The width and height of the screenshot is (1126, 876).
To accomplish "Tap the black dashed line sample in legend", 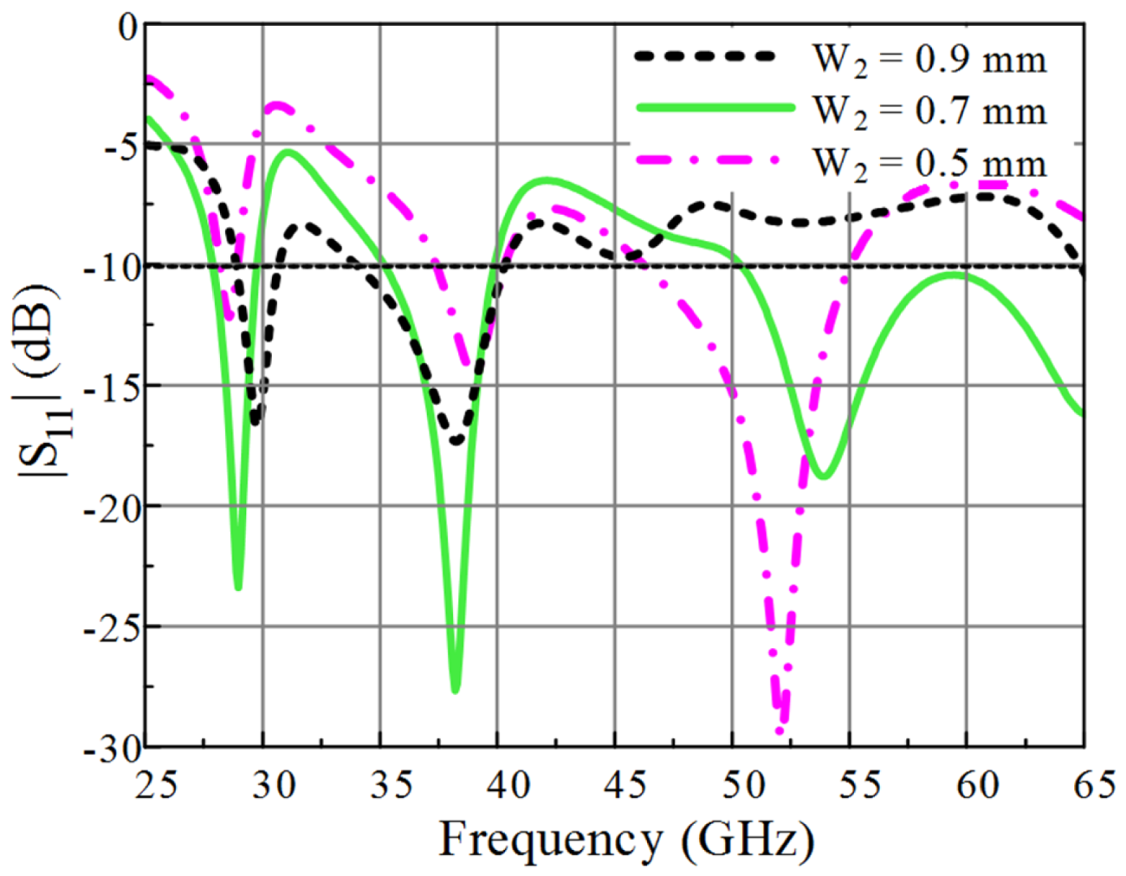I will tap(704, 56).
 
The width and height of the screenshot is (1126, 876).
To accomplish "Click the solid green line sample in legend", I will tap(715, 108).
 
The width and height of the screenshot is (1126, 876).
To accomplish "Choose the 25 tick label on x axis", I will tap(157, 785).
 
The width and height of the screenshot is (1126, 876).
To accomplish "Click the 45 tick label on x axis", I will tap(624, 785).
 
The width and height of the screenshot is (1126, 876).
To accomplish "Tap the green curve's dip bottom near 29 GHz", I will tap(238, 588).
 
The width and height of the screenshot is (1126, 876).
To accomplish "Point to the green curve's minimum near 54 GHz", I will tap(824, 476).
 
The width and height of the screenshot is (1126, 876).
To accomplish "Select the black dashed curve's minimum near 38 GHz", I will tap(456, 441).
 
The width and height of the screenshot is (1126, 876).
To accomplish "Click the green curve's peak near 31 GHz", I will tap(288, 152).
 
